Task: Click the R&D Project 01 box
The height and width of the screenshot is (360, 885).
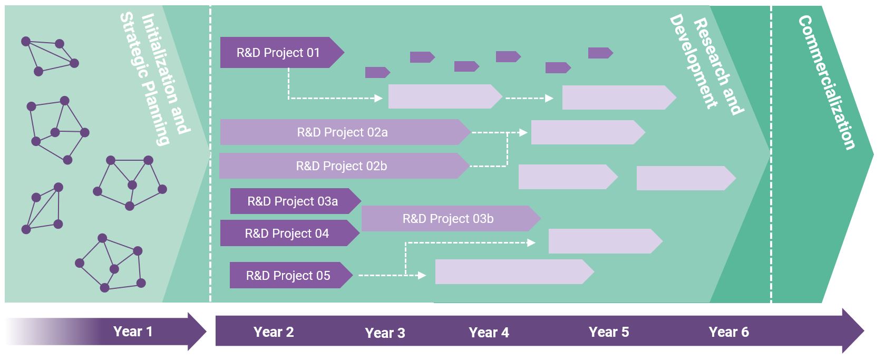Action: point(282,53)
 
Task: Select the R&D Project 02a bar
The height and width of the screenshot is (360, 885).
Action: point(345,132)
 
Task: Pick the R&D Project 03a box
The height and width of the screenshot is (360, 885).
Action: point(296,201)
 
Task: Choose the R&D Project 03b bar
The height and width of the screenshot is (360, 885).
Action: point(451,218)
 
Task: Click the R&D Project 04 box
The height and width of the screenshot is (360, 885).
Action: point(289,233)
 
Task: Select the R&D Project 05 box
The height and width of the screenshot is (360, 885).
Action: point(291,275)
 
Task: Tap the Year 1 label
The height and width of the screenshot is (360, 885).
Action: point(133,331)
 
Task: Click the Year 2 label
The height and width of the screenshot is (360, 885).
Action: point(274,332)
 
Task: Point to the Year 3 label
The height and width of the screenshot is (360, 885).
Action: point(385,333)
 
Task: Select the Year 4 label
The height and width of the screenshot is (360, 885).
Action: point(489,333)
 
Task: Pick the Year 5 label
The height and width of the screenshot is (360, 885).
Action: point(608,332)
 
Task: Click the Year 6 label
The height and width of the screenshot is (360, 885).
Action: point(728,332)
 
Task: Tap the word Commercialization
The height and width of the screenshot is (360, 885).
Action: point(826,82)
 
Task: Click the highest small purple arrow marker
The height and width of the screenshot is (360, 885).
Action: point(600,53)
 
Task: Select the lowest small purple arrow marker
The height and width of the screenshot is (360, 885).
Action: point(377,72)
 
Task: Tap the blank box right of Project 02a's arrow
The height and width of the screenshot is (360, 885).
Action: point(588,132)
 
